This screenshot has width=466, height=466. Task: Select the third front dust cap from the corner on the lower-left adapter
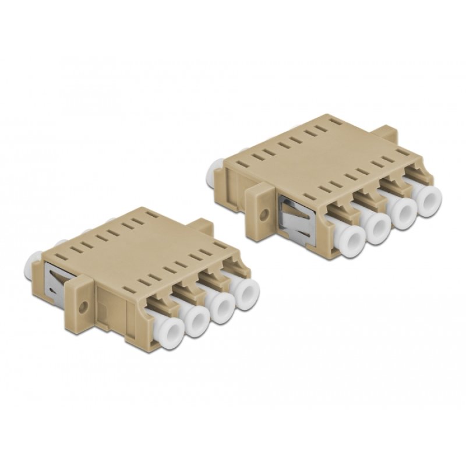(x=223, y=305)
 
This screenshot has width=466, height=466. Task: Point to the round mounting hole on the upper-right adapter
(x=266, y=214)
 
